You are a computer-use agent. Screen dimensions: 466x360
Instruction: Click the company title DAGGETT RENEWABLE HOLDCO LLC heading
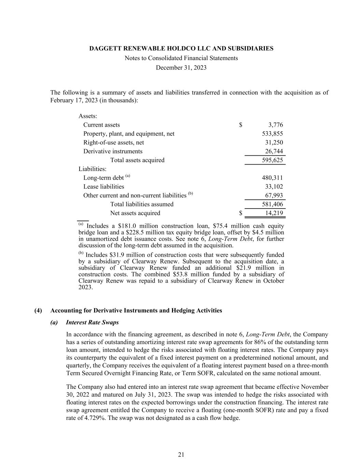click(x=181, y=48)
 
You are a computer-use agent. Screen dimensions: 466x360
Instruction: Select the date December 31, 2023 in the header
click(x=181, y=68)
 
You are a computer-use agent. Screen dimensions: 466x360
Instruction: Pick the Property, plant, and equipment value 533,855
click(x=272, y=134)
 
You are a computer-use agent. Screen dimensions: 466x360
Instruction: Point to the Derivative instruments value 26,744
click(x=274, y=151)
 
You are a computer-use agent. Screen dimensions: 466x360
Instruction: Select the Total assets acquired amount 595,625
click(x=272, y=160)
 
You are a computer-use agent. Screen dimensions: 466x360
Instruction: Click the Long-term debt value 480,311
click(x=272, y=178)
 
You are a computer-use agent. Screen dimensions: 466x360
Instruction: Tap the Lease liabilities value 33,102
click(x=274, y=187)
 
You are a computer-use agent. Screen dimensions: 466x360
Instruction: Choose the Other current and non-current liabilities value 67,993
click(x=274, y=196)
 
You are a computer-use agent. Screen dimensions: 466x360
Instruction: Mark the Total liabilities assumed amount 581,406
click(x=272, y=204)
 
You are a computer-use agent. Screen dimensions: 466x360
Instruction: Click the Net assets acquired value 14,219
click(x=274, y=213)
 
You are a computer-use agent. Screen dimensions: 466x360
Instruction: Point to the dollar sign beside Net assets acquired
click(x=241, y=213)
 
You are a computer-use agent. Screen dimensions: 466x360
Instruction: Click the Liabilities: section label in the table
click(x=92, y=169)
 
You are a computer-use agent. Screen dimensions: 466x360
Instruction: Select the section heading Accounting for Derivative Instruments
click(x=136, y=311)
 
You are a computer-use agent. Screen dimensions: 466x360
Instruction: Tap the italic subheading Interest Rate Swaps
click(x=92, y=323)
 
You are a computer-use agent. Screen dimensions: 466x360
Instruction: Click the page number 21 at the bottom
click(x=181, y=455)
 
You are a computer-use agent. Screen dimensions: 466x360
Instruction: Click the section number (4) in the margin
click(x=38, y=311)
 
